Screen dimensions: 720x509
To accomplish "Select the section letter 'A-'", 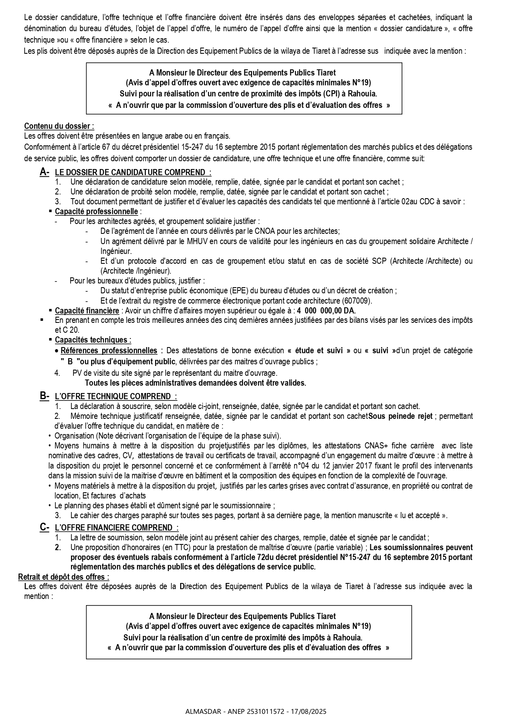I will coord(44,172).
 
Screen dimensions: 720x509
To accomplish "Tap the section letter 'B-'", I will coord(44,396).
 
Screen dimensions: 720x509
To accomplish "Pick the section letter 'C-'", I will coord(44,528).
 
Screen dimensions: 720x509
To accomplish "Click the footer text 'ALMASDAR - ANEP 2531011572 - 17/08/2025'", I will coord(256,711).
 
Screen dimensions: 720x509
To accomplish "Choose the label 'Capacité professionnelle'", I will coord(96,212).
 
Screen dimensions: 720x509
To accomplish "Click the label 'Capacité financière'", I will coord(87,311).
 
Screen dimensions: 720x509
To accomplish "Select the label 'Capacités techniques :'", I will coord(93,340).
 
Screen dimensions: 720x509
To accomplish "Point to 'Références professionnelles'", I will coord(109,350).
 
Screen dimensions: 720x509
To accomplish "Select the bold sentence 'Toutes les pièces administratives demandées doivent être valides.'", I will coord(195,383).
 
